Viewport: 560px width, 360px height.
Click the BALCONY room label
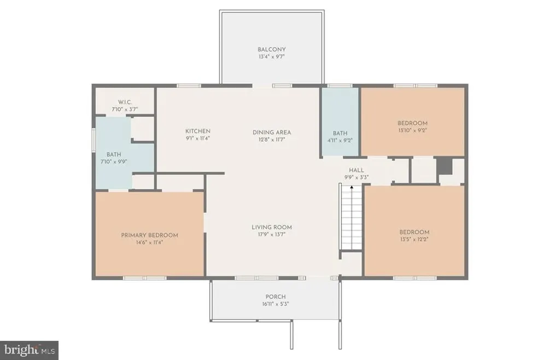tap(272, 49)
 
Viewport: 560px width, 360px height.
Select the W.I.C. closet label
tap(125, 102)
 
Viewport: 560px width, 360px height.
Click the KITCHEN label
tap(197, 131)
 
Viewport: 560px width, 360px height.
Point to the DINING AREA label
tap(272, 132)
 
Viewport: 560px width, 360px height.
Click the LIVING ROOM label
tap(272, 227)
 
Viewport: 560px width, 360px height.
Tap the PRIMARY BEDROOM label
tap(149, 235)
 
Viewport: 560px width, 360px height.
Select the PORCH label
tap(276, 297)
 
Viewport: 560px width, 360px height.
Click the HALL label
tap(356, 170)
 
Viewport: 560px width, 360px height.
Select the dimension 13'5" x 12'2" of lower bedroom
tap(414, 239)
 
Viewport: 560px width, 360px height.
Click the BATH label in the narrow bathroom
tap(340, 133)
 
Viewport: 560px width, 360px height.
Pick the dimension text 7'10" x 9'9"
tap(114, 162)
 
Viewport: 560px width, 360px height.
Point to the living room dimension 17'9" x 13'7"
tap(272, 235)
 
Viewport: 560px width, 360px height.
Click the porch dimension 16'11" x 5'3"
tap(276, 304)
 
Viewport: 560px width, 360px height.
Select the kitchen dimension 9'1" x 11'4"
tap(197, 139)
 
